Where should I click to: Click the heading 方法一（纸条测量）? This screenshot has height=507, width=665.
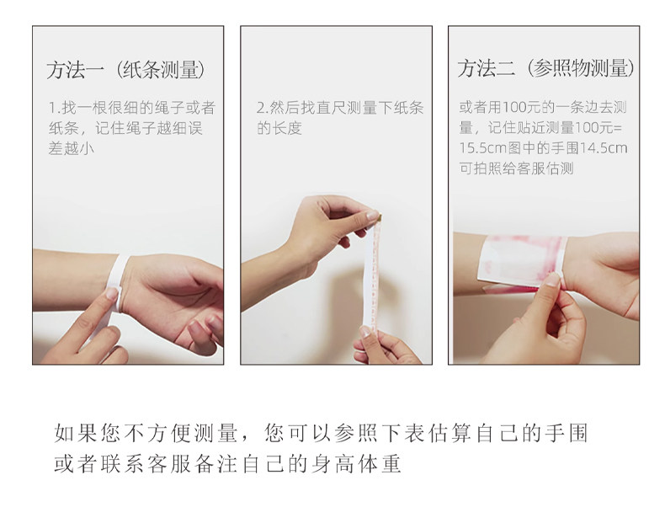[x=126, y=70]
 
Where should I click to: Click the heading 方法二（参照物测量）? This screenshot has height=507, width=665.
[x=545, y=68]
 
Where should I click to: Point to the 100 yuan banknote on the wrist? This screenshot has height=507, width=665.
[x=522, y=262]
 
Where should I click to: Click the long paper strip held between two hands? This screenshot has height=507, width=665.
[x=371, y=275]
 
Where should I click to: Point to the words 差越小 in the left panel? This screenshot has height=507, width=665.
[x=72, y=148]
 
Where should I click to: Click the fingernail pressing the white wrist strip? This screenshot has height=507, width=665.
[x=112, y=293]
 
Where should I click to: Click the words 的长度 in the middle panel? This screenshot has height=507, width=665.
[x=279, y=128]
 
